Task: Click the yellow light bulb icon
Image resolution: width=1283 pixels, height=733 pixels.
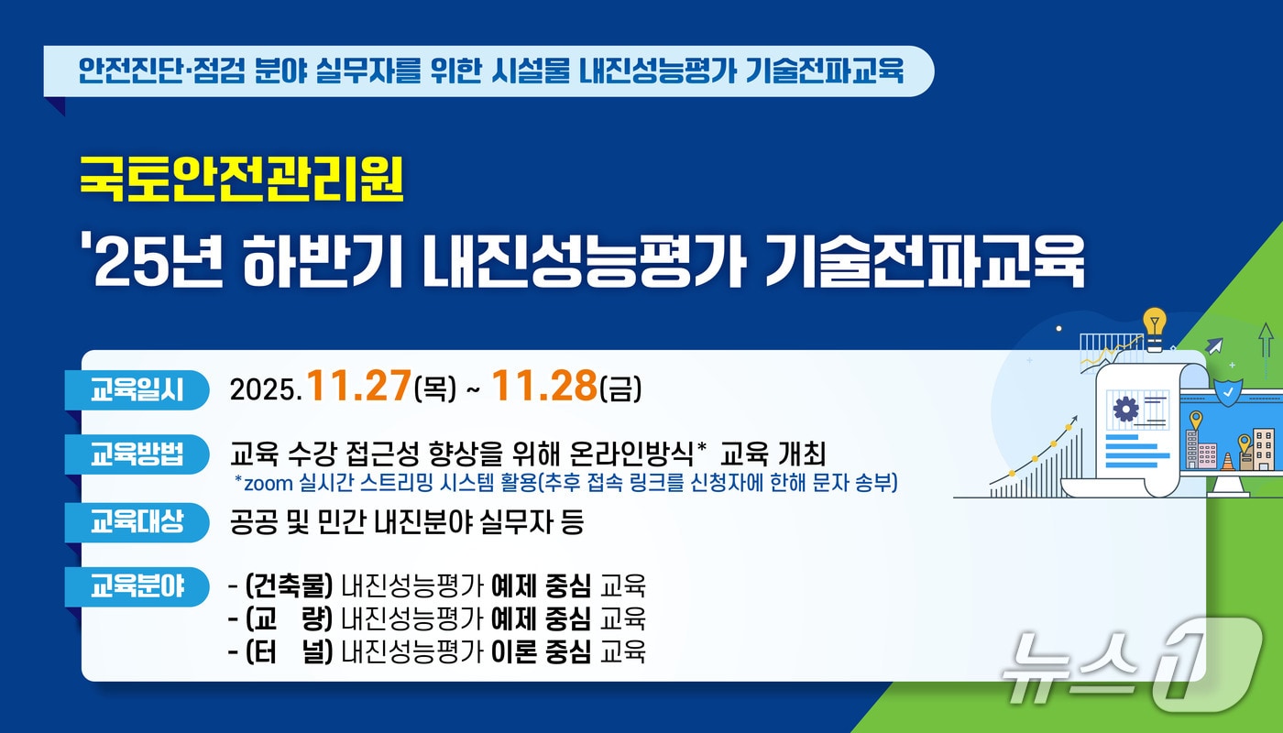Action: point(1155,323)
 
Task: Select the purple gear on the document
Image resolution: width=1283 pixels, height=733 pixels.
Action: point(1124,409)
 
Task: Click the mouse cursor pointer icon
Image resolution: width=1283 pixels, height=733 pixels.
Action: point(1215,346)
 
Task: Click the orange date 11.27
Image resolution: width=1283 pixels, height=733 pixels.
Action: point(358,388)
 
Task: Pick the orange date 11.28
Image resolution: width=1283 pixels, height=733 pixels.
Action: point(544,388)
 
